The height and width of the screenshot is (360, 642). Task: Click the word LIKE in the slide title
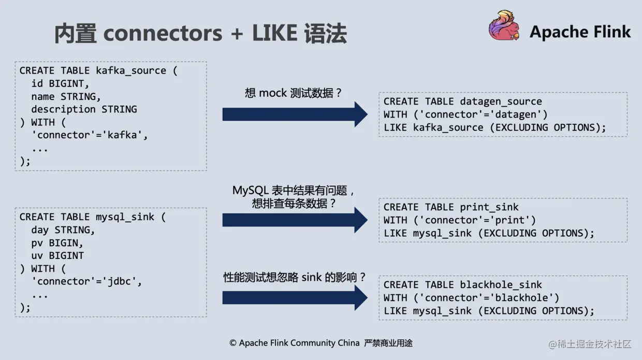(x=274, y=34)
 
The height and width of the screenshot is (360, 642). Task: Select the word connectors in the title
(x=163, y=34)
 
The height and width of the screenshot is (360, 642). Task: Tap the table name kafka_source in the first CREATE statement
(x=131, y=71)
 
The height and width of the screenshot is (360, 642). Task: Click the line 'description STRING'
(x=84, y=109)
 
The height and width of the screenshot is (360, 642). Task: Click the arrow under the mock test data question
(x=295, y=114)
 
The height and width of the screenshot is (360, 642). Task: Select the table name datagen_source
(x=501, y=102)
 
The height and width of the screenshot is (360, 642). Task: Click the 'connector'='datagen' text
(x=486, y=114)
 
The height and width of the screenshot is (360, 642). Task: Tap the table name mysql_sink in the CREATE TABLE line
(x=125, y=217)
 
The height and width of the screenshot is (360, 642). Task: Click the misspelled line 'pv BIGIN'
(x=57, y=243)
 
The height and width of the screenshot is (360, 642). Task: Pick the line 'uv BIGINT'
(x=57, y=255)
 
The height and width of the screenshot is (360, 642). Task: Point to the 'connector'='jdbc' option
(x=86, y=281)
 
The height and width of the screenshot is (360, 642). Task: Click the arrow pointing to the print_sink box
(x=295, y=220)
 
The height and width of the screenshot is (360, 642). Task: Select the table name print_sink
(x=489, y=207)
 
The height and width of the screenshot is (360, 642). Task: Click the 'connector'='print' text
(x=480, y=220)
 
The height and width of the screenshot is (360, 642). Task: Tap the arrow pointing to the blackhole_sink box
(x=295, y=298)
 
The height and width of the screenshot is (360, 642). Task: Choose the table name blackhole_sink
(x=501, y=285)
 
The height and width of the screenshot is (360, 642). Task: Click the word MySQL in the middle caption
(x=250, y=191)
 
